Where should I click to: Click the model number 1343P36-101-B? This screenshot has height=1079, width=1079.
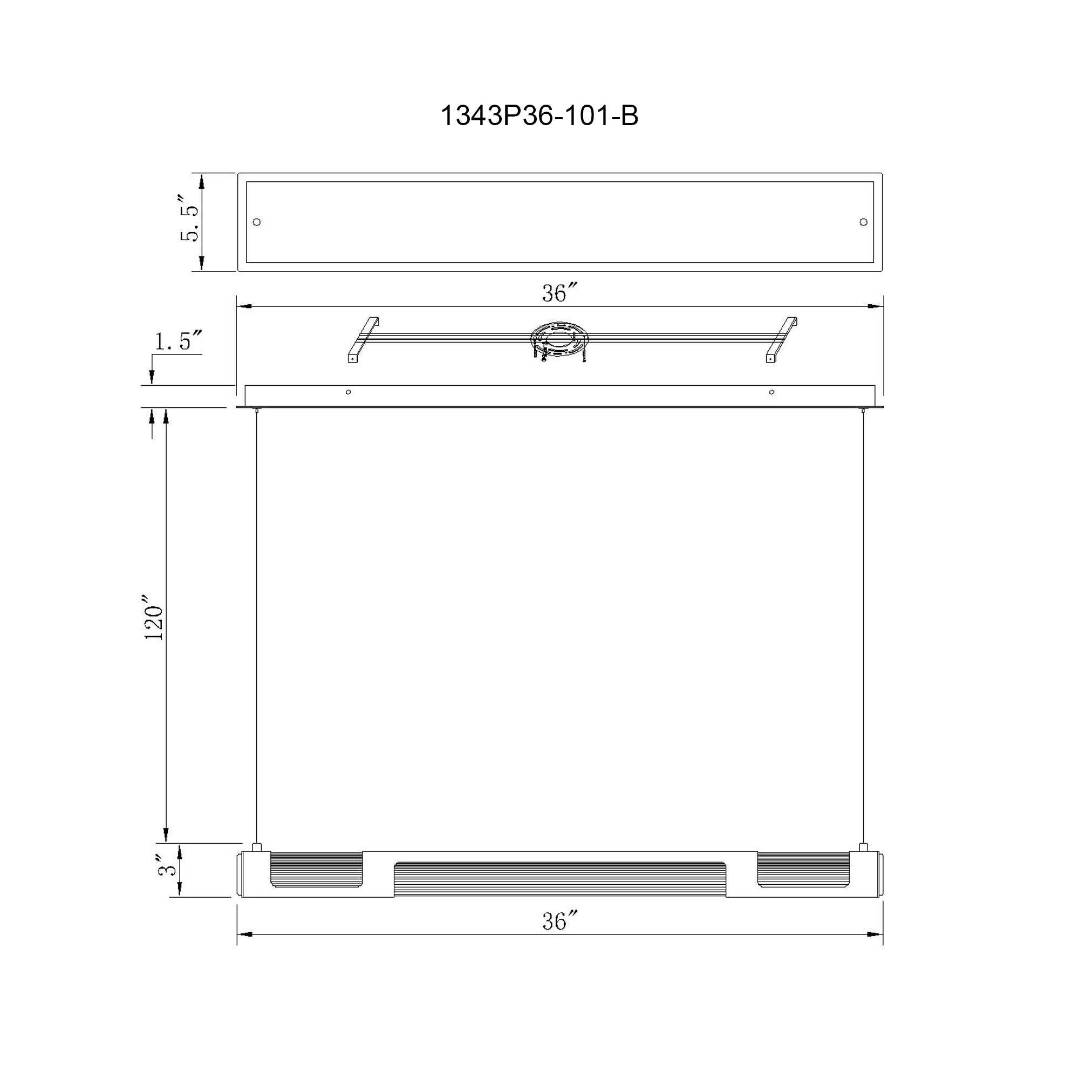pyautogui.click(x=539, y=116)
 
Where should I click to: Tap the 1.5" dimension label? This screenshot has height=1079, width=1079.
pyautogui.click(x=177, y=342)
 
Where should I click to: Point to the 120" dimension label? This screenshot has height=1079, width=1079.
pyautogui.click(x=154, y=623)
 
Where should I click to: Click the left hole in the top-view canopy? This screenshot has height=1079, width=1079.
pyautogui.click(x=257, y=222)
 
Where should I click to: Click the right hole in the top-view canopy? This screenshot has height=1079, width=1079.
pyautogui.click(x=863, y=222)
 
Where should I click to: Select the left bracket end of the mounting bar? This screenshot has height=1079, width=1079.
pyautogui.click(x=364, y=340)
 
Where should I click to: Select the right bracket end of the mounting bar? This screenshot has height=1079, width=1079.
pyautogui.click(x=781, y=340)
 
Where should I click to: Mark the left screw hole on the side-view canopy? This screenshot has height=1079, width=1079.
pyautogui.click(x=349, y=392)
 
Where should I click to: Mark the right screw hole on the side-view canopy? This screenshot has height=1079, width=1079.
pyautogui.click(x=772, y=392)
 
